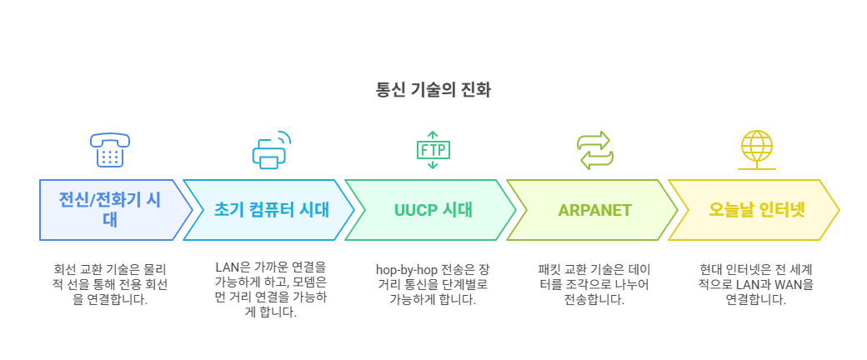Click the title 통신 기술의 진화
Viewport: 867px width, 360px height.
point(433,91)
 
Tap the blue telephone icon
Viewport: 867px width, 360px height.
point(110,150)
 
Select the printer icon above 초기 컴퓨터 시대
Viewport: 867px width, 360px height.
point(272,150)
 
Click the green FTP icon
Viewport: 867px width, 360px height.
point(433,150)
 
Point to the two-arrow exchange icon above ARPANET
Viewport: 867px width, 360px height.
point(595,150)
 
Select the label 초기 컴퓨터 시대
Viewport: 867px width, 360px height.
point(271,210)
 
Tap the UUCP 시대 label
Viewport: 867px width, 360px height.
point(433,210)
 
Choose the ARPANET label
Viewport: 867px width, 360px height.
point(595,210)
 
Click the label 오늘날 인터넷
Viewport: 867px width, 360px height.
point(756,210)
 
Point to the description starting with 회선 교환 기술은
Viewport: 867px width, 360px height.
point(110,285)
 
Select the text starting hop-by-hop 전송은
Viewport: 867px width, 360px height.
point(433,285)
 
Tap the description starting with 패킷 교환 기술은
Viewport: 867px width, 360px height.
point(595,285)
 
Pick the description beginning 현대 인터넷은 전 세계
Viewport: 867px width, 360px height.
point(756,285)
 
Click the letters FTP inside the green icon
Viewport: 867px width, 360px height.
point(433,149)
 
